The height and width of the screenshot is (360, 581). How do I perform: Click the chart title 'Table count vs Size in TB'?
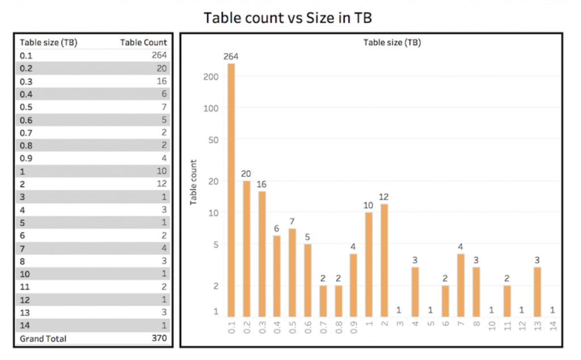[288, 18]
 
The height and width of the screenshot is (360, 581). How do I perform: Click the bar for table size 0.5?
[292, 273]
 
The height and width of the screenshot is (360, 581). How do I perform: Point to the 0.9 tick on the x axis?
[353, 328]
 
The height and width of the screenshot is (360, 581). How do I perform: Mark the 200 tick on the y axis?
[211, 76]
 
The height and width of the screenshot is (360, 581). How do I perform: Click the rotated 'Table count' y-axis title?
[193, 181]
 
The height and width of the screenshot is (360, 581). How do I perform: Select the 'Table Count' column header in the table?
[144, 42]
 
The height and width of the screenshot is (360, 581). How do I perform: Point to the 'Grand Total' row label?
[43, 338]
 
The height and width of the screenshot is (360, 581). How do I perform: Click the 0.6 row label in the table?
[26, 120]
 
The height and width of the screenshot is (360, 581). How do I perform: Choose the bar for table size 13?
[537, 291]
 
